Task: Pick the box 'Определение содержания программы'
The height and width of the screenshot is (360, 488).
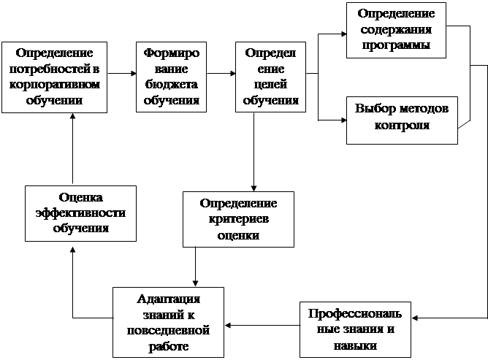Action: tap(397, 29)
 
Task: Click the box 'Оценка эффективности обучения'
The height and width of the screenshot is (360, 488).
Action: tap(81, 212)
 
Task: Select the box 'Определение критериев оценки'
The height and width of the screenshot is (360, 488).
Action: tap(238, 218)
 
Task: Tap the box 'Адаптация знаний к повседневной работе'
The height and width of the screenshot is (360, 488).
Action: tap(167, 321)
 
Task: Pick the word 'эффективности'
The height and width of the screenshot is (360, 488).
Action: tap(81, 212)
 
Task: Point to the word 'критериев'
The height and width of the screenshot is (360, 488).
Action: tap(238, 218)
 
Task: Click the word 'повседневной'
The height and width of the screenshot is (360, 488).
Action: tap(167, 330)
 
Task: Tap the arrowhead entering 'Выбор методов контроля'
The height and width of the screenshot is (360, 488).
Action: tap(341, 118)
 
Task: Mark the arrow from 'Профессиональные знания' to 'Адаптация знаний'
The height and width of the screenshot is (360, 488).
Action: tap(263, 325)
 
